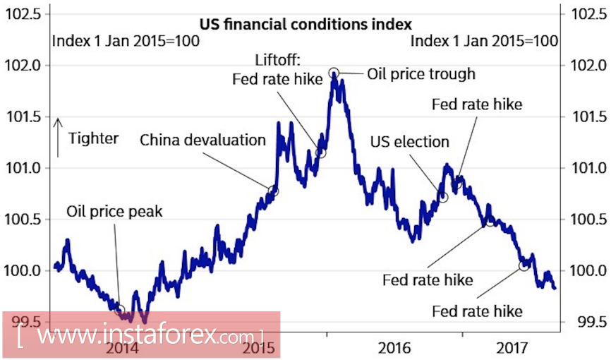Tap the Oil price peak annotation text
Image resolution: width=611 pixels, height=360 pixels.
click(x=114, y=211)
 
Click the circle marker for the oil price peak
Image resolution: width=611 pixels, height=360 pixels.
click(x=119, y=310)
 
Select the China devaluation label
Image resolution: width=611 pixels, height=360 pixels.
click(x=202, y=140)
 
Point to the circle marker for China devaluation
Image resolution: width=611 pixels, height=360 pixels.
click(x=274, y=191)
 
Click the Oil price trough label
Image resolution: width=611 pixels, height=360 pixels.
click(x=421, y=73)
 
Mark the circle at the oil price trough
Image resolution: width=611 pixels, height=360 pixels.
click(x=334, y=72)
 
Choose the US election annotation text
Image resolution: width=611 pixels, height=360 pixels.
click(x=409, y=142)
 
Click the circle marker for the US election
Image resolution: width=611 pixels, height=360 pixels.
click(x=443, y=197)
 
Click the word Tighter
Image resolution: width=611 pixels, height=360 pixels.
click(x=94, y=138)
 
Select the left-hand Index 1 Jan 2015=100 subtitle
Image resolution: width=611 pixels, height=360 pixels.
click(x=126, y=41)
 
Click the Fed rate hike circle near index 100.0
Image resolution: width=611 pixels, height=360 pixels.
click(x=524, y=265)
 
